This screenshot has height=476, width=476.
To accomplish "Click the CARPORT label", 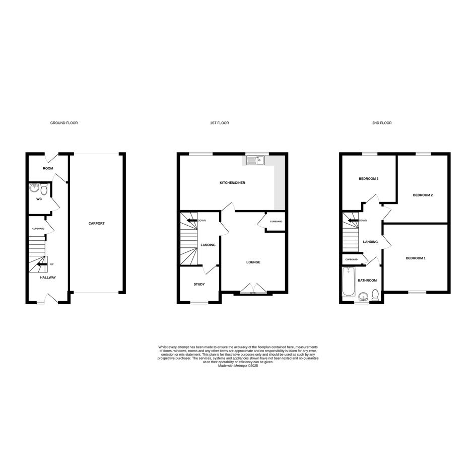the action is coord(97,224).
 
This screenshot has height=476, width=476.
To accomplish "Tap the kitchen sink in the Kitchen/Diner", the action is coord(255,160).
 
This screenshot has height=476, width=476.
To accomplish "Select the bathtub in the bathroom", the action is coord(349,282).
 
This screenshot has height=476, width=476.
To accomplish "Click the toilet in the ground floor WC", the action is coord(44,189).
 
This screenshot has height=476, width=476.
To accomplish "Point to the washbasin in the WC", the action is coord(34,188).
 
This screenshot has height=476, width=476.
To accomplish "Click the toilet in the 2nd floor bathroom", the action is coord(376,295).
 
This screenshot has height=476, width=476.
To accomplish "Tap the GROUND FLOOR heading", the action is coord(64,123).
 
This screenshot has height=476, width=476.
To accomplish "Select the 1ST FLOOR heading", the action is coord(220,123).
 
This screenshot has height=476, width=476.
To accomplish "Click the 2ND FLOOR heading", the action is coord(382,123).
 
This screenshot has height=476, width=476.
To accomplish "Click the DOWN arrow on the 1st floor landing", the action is coord(192,221).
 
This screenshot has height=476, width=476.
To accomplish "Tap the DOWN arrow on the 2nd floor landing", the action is coord(354,221).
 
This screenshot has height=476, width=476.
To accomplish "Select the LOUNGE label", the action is coord(253,262).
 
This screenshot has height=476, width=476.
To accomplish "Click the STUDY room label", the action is coord(199,285).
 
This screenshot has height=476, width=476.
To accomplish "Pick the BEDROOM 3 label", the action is coord(369,179).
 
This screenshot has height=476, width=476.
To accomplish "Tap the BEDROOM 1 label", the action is coord(416,258).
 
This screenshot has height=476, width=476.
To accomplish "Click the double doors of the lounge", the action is coord(253,289).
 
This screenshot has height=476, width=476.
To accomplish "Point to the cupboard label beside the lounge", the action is coord(276,222).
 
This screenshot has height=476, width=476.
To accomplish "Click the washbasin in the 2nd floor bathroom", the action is coord(363,296).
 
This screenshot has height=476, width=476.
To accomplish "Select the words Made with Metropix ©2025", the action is coord(238,366).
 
